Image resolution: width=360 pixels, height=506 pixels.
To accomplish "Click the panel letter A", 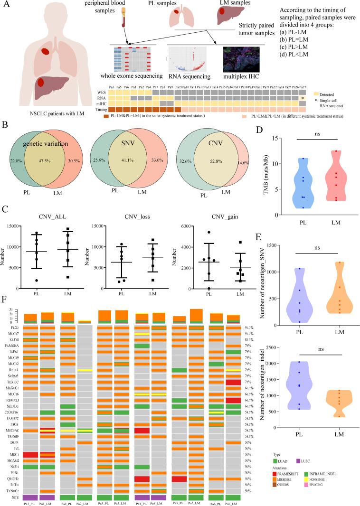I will coord(6,7).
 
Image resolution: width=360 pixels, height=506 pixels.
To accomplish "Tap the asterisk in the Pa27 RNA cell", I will coord(303,98).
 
